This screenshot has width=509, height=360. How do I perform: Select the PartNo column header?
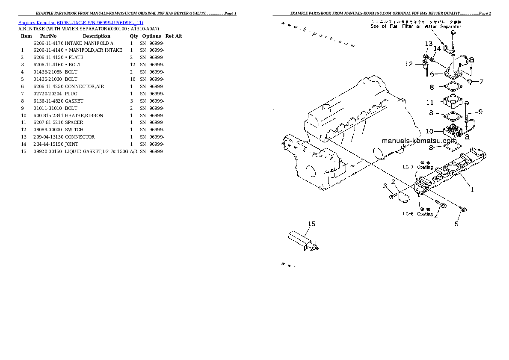click(x=48, y=36)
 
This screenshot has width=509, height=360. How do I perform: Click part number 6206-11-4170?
click(x=48, y=43)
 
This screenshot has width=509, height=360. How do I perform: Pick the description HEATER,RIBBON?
click(x=84, y=115)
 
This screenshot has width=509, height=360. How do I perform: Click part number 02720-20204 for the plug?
click(x=48, y=94)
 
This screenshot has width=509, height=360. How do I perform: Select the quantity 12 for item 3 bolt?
click(x=132, y=65)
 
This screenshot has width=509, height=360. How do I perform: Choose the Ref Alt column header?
click(x=174, y=36)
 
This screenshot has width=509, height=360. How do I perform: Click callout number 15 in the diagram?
click(x=312, y=224)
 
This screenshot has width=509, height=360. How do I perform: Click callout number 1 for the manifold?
click(x=472, y=190)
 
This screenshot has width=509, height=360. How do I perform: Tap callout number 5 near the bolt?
click(x=456, y=223)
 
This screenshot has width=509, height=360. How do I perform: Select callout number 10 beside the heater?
click(x=429, y=131)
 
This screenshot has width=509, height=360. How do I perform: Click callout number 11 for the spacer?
click(x=429, y=102)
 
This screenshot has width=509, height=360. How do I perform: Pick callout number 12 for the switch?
click(x=409, y=64)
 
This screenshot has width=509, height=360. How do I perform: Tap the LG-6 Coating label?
click(x=417, y=213)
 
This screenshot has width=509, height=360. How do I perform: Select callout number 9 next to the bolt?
click(x=480, y=112)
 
